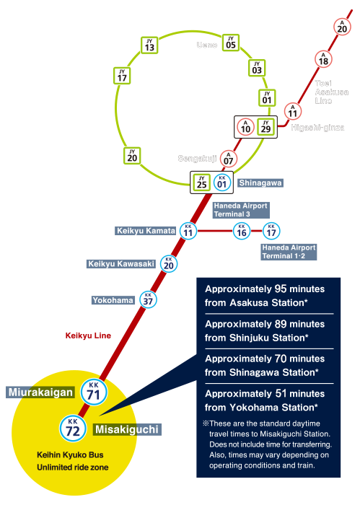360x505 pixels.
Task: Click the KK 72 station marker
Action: click(x=73, y=429)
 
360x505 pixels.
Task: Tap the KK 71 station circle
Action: click(x=94, y=392)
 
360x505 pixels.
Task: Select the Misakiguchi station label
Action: click(x=127, y=429)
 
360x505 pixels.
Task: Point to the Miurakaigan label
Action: click(x=40, y=392)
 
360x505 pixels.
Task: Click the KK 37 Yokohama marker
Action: click(x=148, y=299)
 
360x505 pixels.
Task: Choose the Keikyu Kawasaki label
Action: click(x=121, y=264)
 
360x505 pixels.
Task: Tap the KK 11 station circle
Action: click(x=188, y=231)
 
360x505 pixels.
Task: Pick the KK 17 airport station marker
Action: click(x=271, y=231)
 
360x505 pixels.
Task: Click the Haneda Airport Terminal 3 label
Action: click(x=241, y=210)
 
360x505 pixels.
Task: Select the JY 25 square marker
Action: click(x=201, y=183)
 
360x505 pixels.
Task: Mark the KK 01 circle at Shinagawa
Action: click(x=222, y=183)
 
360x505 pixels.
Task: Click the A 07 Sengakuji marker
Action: click(x=228, y=159)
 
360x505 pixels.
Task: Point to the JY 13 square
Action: click(x=149, y=45)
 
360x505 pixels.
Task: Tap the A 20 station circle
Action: click(x=342, y=27)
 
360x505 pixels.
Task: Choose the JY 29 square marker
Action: click(x=265, y=126)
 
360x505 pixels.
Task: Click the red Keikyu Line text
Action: click(x=88, y=335)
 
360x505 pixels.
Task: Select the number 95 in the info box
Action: click(x=281, y=289)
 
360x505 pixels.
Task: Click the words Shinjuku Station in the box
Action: click(x=269, y=338)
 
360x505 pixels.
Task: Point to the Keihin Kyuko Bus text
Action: click(x=70, y=454)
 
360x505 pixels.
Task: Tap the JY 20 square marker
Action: click(x=132, y=156)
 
